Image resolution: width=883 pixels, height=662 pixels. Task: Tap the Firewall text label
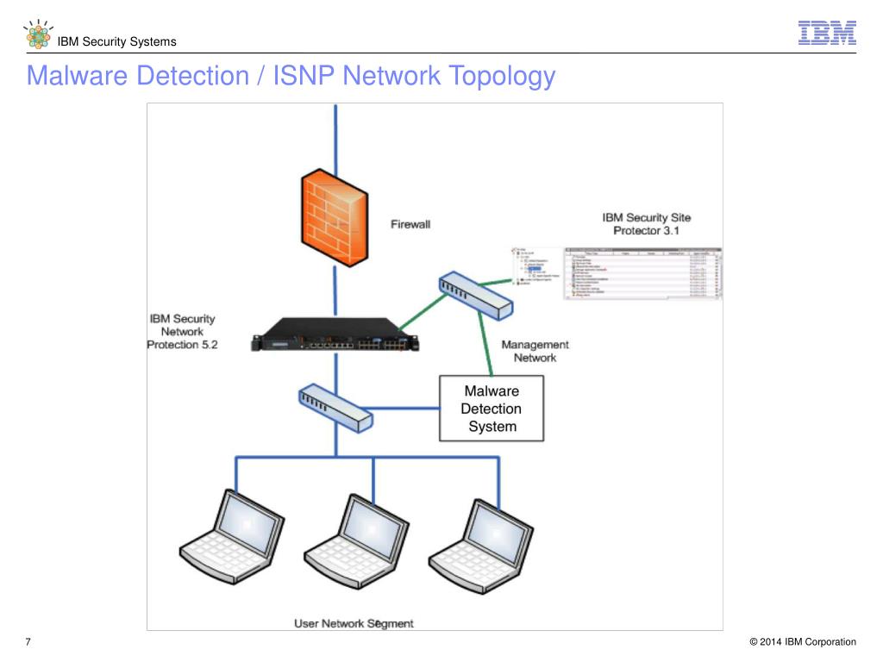tap(410, 224)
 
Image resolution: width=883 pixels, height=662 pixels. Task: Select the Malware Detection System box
tap(492, 409)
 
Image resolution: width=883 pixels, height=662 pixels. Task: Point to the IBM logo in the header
tap(826, 33)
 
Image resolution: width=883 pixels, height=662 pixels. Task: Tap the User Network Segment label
tap(354, 623)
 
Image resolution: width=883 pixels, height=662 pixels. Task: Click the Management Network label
tap(535, 351)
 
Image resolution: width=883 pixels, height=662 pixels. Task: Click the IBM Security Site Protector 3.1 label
tap(646, 224)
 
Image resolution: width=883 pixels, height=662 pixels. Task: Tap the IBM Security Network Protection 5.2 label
tap(182, 332)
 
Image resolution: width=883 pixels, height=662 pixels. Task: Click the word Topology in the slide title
tap(501, 77)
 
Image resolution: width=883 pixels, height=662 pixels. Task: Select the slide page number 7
tap(28, 642)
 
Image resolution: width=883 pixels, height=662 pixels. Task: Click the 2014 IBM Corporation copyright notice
tap(803, 642)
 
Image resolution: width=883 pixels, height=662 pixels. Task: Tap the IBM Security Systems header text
tap(116, 41)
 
